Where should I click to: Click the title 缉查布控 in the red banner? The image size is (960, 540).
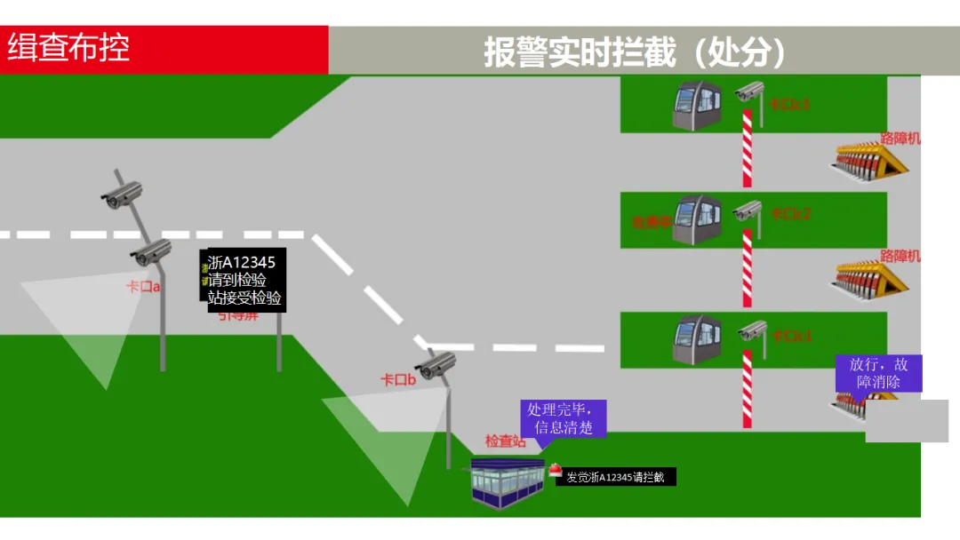pyautogui.click(x=69, y=48)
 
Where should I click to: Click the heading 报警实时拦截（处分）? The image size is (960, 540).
pyautogui.click(x=635, y=52)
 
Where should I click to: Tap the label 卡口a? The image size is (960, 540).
pyautogui.click(x=143, y=287)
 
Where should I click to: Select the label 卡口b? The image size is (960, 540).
pyautogui.click(x=398, y=380)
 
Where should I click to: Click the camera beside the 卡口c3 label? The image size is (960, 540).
pyautogui.click(x=749, y=91)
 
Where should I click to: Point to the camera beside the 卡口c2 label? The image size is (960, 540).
pyautogui.click(x=748, y=211)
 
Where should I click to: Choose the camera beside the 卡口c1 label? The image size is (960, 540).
pyautogui.click(x=752, y=331)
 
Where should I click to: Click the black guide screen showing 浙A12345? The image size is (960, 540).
pyautogui.click(x=245, y=280)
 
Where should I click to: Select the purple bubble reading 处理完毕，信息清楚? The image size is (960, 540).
pyautogui.click(x=563, y=418)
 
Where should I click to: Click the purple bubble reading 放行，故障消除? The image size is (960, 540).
pyautogui.click(x=878, y=373)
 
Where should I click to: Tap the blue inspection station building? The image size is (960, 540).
pyautogui.click(x=507, y=484)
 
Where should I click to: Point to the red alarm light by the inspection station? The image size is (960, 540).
pyautogui.click(x=555, y=470)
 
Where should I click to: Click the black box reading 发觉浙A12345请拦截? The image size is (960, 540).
pyautogui.click(x=615, y=477)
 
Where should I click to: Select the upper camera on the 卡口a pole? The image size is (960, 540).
pyautogui.click(x=122, y=195)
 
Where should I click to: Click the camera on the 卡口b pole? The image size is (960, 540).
pyautogui.click(x=437, y=364)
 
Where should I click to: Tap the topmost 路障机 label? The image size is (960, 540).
pyautogui.click(x=900, y=138)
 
